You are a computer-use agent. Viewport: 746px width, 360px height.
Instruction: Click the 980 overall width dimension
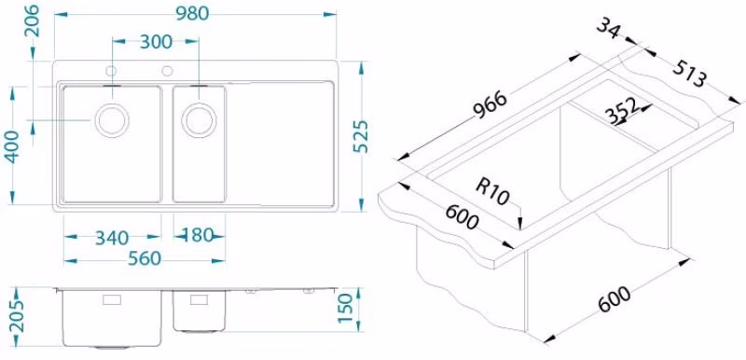point(192,14)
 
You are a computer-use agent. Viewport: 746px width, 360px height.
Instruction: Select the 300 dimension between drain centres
point(156,42)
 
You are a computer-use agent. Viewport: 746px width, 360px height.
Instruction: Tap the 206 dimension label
point(33,21)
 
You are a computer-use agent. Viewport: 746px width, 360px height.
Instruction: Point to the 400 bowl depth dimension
point(12,146)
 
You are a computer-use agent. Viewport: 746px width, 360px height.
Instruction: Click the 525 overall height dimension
point(361,136)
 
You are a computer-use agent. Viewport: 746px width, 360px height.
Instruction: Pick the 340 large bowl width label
point(112,237)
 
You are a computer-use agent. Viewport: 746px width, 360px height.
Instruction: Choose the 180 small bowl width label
point(198,235)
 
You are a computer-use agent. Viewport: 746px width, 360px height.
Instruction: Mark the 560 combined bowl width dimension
point(145,259)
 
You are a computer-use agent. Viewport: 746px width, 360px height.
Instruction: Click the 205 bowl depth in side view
point(17,316)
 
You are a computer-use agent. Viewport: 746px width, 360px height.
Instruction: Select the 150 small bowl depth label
point(346,308)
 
